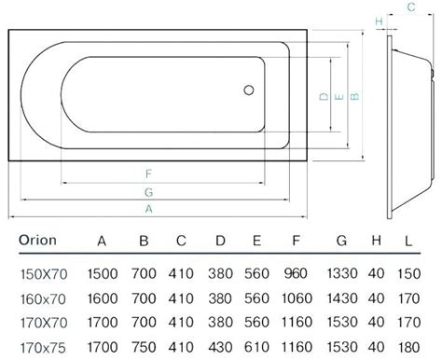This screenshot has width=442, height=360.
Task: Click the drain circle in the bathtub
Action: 249,90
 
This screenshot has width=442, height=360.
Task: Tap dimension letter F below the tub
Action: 148,173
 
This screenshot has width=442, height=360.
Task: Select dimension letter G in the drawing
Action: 148,192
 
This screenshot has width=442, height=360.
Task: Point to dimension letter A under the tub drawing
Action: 149,209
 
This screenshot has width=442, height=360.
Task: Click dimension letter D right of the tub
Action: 324,96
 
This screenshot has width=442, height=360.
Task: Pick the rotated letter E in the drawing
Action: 339,97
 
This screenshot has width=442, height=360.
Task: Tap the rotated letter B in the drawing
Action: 355,96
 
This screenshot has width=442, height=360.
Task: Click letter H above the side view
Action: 379,21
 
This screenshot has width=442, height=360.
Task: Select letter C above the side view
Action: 411,7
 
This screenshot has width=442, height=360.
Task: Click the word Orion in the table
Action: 37,241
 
